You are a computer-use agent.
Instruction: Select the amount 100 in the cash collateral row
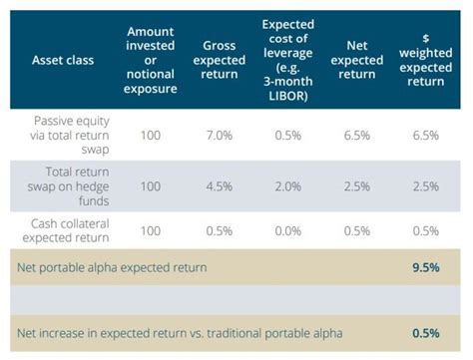[152, 229]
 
